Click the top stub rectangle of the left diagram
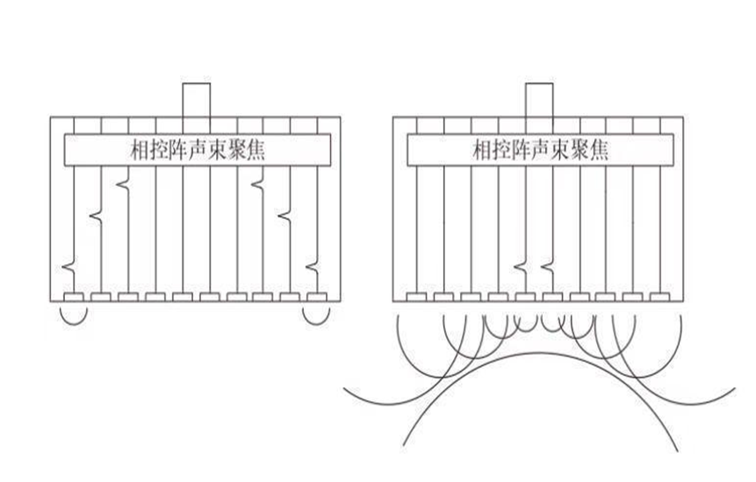194,99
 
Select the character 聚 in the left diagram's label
231,150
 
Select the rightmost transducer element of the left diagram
316,297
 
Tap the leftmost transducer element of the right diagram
416,297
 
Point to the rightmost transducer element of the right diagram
659,297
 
